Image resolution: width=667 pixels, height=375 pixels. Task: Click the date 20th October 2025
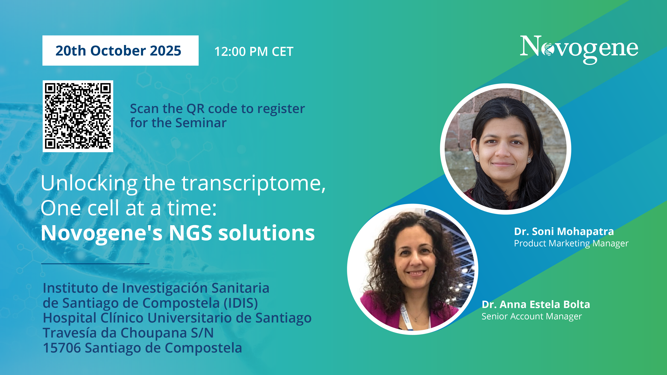coord(118,51)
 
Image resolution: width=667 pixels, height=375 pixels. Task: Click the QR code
coord(78,116)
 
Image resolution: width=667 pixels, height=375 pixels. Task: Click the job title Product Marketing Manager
coord(571,243)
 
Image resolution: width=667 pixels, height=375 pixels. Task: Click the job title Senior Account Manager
coord(532,316)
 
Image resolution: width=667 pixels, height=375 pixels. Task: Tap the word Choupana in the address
coord(154,333)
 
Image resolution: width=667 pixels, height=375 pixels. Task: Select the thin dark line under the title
coord(95,264)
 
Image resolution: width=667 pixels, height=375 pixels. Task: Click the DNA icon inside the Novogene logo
coord(547,49)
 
